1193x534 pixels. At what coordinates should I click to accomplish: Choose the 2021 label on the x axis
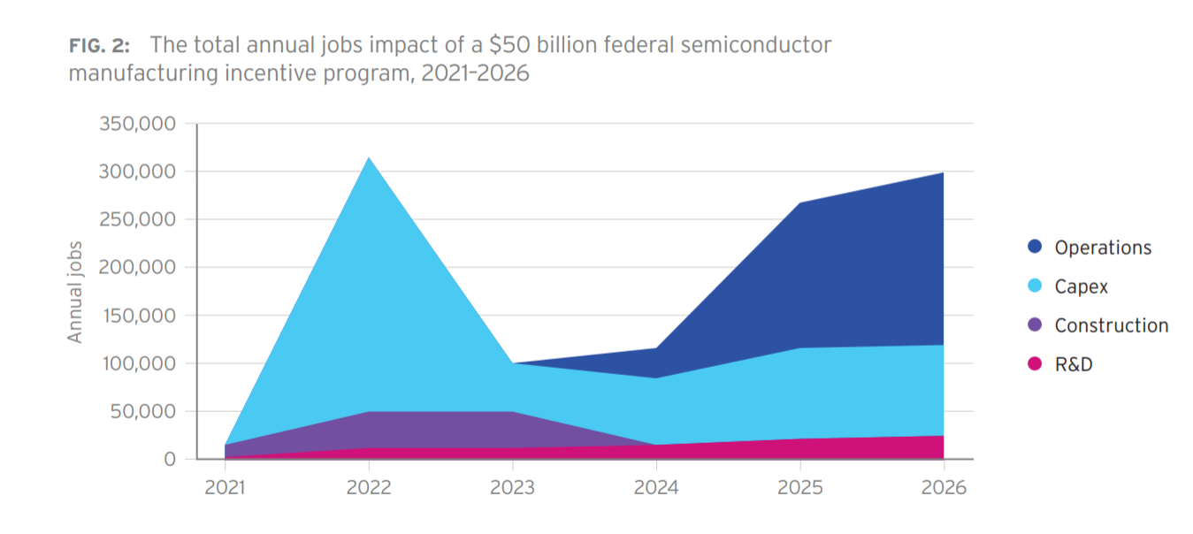(x=226, y=487)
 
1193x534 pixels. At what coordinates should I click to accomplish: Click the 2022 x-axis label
(x=369, y=487)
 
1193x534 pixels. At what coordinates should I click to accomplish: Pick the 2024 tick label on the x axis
(x=656, y=487)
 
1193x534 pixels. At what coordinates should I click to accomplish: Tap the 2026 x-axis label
(x=944, y=487)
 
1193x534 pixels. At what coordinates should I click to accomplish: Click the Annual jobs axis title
(x=75, y=292)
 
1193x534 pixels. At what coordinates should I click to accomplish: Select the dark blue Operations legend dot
(x=1035, y=248)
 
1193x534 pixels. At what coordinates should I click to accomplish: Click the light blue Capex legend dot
(x=1035, y=286)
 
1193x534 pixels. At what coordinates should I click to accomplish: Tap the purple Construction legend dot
(x=1035, y=325)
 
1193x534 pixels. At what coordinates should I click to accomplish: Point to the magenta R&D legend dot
(x=1035, y=364)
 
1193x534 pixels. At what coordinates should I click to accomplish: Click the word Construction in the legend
(x=1112, y=325)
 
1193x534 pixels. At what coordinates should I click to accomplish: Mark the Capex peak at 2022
(x=369, y=158)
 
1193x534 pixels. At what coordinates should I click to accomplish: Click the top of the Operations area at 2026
(x=943, y=173)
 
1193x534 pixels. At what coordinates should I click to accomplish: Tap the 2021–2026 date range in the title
(x=475, y=73)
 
